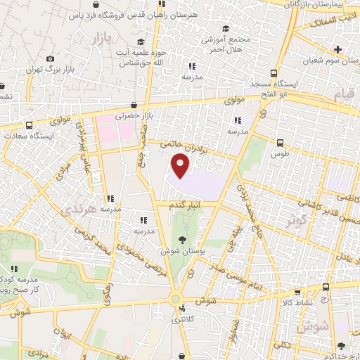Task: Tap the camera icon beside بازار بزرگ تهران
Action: coord(49,59)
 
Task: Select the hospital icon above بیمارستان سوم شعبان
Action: coord(338,50)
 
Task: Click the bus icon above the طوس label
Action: coord(281,143)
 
